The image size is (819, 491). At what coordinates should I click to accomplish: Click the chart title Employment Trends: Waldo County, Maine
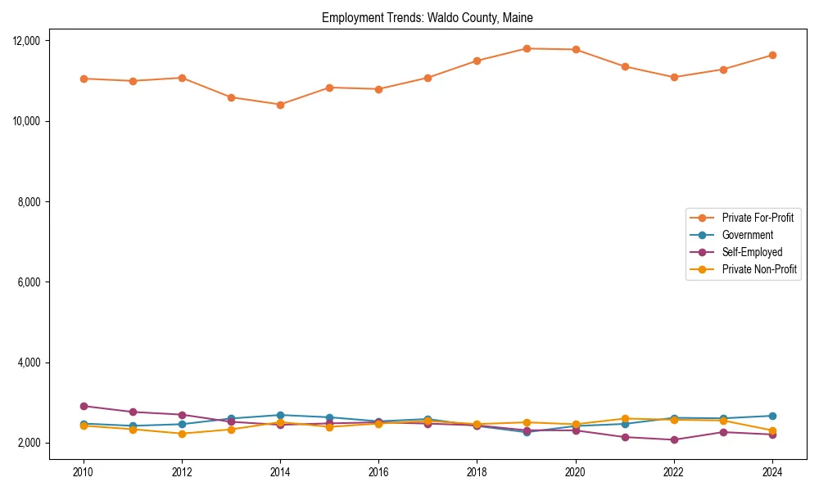click(428, 18)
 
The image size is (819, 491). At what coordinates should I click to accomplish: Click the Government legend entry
click(747, 235)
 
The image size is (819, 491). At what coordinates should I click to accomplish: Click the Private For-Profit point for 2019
click(526, 48)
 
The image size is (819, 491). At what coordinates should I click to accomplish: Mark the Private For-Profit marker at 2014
click(280, 105)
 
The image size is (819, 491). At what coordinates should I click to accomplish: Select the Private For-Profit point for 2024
click(771, 56)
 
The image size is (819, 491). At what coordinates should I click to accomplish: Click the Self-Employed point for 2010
click(84, 406)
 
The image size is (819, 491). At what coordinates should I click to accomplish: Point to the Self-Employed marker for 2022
click(673, 439)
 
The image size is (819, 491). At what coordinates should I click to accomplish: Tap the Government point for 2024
click(771, 416)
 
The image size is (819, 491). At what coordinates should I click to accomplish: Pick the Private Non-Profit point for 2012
click(182, 434)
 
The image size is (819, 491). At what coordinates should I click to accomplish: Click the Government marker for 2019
click(526, 432)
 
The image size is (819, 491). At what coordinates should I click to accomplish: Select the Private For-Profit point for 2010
click(84, 79)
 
